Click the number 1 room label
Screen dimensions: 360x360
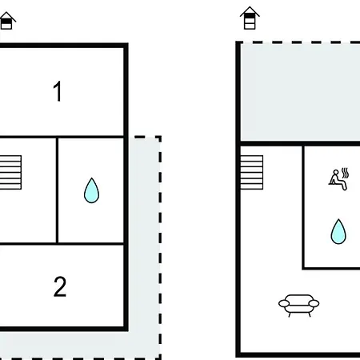pyautogui.click(x=58, y=91)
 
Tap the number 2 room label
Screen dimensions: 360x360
pyautogui.click(x=60, y=286)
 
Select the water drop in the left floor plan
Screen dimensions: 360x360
pyautogui.click(x=91, y=190)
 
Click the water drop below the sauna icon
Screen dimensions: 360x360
pyautogui.click(x=338, y=231)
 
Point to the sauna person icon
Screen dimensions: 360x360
pyautogui.click(x=338, y=178)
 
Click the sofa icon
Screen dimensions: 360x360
pyautogui.click(x=298, y=306)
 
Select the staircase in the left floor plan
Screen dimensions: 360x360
pyautogui.click(x=10, y=172)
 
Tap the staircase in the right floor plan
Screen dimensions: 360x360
pyautogui.click(x=251, y=172)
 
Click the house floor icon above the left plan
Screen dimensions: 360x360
pyautogui.click(x=6, y=21)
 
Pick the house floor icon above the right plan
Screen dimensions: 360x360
pyautogui.click(x=250, y=18)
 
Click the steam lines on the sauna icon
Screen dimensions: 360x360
pyautogui.click(x=346, y=173)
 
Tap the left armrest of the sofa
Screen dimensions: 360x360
pyautogui.click(x=284, y=303)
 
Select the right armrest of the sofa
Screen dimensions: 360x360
pyautogui.click(x=314, y=303)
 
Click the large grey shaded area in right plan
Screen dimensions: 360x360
pyautogui.click(x=301, y=93)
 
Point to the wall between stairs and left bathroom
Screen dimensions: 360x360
pyautogui.click(x=57, y=190)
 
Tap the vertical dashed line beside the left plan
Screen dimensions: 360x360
pyautogui.click(x=160, y=247)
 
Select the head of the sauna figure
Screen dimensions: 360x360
pyautogui.click(x=336, y=172)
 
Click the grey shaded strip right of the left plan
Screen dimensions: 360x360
pyautogui.click(x=144, y=234)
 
